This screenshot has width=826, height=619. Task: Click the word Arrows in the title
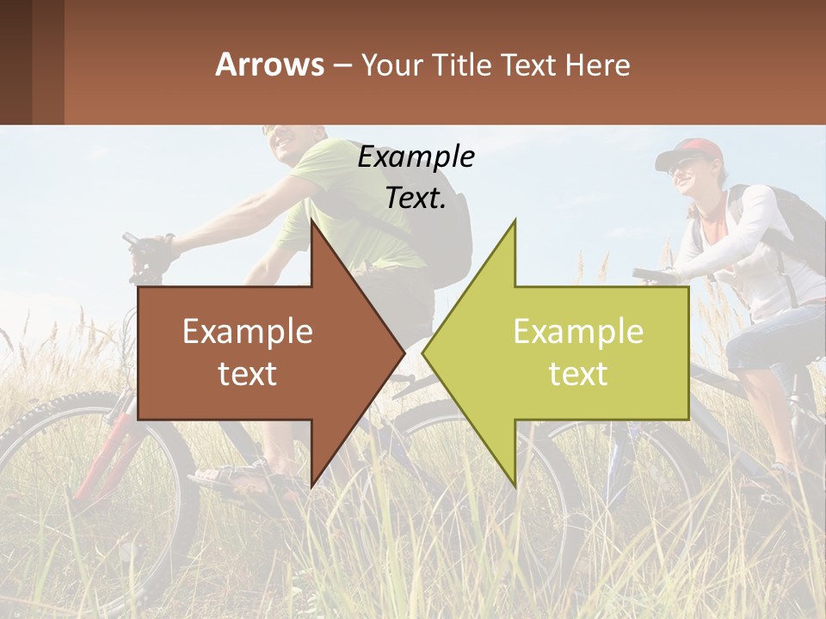(269, 64)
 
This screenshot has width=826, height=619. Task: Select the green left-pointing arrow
(585, 352)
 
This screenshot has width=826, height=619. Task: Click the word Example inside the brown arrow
(248, 332)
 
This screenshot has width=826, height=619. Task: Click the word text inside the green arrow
(578, 373)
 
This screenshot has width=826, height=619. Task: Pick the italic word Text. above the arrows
(416, 199)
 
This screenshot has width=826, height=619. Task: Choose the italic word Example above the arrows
(416, 157)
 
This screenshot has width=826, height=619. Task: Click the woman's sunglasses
(680, 165)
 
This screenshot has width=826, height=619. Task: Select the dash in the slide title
(342, 65)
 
